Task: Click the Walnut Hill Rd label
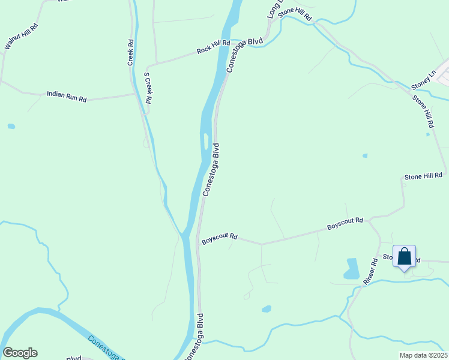21,36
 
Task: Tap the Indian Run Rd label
67,96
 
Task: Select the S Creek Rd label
148,89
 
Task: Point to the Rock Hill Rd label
213,47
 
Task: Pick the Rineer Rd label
370,271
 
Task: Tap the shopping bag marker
404,257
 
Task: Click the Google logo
20,353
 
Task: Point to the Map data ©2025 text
423,355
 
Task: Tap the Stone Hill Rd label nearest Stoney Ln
423,111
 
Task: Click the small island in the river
207,142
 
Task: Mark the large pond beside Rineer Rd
352,269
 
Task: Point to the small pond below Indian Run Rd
11,127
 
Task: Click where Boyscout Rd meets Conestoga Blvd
197,242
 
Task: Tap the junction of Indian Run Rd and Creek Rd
134,94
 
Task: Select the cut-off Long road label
274,9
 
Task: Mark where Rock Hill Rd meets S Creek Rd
148,64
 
